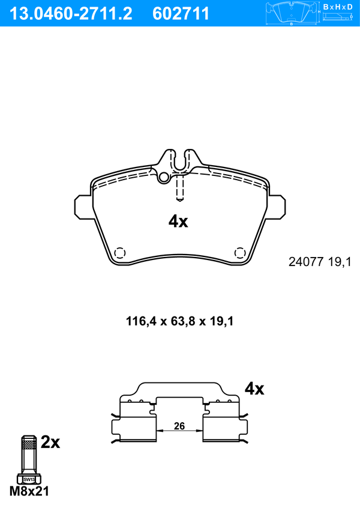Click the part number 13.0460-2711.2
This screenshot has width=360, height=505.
pyautogui.click(x=71, y=14)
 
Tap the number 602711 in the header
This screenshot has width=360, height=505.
pyautogui.click(x=181, y=14)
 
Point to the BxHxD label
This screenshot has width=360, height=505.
pyautogui.click(x=338, y=7)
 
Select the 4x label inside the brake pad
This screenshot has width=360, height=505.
pyautogui.click(x=178, y=222)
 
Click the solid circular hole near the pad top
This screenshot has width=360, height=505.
pyautogui.click(x=164, y=177)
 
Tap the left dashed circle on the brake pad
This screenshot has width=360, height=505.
pyautogui.click(x=120, y=253)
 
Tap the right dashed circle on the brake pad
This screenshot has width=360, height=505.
pyautogui.click(x=239, y=253)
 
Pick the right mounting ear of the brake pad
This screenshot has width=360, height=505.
pyautogui.click(x=277, y=207)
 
